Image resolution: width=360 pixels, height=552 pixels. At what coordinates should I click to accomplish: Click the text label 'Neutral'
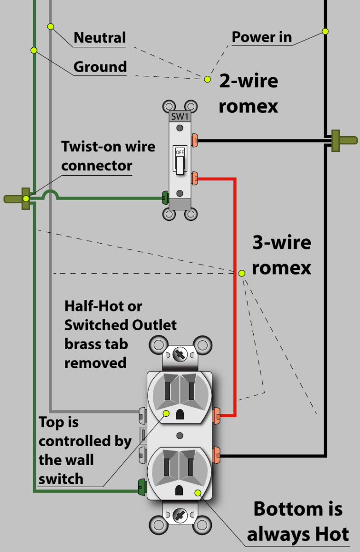coord(99,38)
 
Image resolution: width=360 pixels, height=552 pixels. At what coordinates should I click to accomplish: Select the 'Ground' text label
coord(100,67)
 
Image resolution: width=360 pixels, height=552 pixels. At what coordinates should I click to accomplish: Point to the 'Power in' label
coord(261,37)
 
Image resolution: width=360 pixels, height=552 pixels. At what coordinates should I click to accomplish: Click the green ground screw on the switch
coord(164,199)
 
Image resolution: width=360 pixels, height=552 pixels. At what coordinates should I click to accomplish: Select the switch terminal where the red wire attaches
coord(195,178)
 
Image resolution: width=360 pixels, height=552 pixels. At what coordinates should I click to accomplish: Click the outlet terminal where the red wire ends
coord(216,416)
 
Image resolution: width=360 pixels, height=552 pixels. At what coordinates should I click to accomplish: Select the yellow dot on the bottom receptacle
coord(198,493)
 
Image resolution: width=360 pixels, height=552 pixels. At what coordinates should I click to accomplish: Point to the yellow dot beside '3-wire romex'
coord(242,273)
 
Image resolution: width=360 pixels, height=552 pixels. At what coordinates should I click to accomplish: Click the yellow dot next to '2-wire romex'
coord(208,79)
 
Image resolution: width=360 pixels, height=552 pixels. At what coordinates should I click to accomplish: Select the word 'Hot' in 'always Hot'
coord(325,534)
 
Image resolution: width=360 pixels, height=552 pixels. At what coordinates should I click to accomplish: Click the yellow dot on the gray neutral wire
coord(51,26)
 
